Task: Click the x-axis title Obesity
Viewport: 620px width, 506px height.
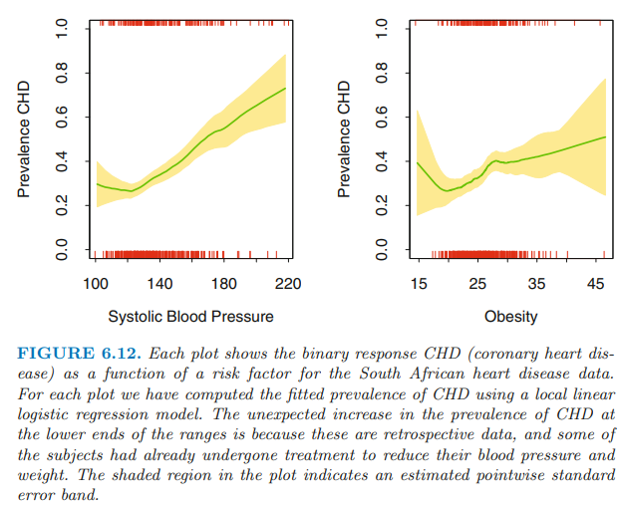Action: [x=510, y=317]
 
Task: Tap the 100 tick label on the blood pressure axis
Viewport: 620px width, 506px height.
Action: [x=97, y=285]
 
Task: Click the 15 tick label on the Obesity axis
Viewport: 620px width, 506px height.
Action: [x=418, y=285]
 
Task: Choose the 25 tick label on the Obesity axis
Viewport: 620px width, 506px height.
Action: [x=477, y=285]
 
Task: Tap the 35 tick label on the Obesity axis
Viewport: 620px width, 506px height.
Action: [x=537, y=285]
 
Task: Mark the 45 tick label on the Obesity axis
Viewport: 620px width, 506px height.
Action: [x=597, y=285]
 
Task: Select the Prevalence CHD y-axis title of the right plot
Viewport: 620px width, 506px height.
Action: [x=344, y=135]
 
